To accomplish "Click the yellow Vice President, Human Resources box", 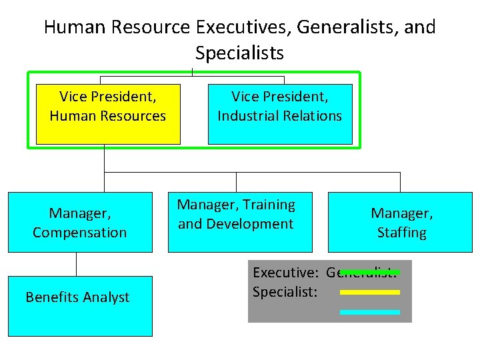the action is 108,114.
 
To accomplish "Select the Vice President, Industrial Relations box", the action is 280,114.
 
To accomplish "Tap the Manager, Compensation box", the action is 80,223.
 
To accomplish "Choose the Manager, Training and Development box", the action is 236,223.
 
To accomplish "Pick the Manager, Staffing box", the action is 401,223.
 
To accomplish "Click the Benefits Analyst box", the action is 80,306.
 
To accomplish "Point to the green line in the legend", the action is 377,272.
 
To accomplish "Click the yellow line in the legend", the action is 369,292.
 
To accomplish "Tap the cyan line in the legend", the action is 369,312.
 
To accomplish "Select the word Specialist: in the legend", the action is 285,292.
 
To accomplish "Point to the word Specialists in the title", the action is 240,53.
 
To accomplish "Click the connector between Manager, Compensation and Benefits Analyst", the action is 77,264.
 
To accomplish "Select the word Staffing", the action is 401,233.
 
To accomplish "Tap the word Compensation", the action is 80,233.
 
